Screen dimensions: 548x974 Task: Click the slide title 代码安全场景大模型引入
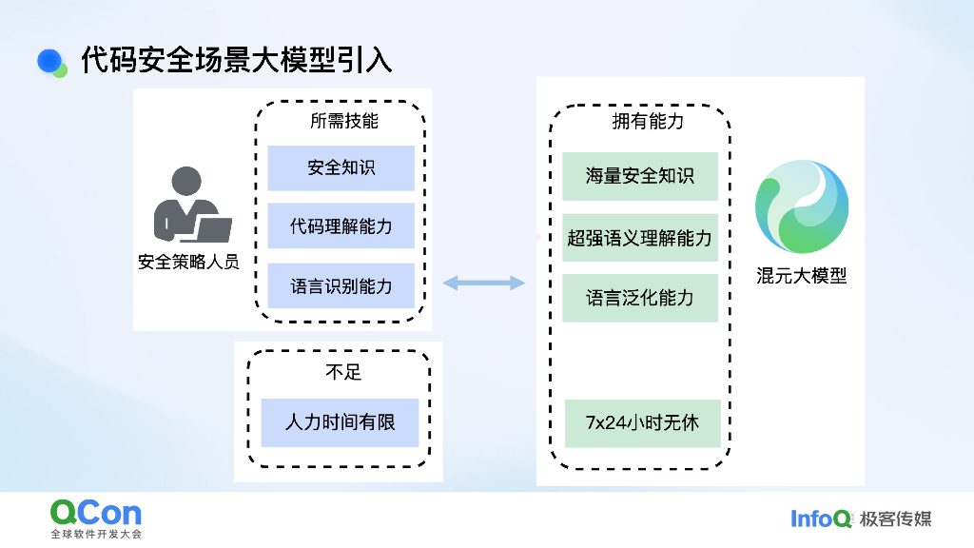[x=236, y=60]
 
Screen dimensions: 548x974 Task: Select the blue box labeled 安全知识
[x=341, y=168]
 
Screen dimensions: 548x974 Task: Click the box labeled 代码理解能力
[x=341, y=226]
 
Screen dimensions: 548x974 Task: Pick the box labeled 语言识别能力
[x=341, y=285]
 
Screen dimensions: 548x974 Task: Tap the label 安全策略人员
[x=188, y=262]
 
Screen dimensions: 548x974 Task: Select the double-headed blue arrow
[x=483, y=283]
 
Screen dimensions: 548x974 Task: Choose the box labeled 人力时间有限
[x=340, y=422]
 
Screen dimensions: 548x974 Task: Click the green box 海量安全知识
[x=639, y=176]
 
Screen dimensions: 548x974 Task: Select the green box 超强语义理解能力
[x=639, y=237]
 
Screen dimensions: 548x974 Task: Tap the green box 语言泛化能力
[x=639, y=298]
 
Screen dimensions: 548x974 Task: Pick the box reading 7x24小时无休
[x=639, y=422]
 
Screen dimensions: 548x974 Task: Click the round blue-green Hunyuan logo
[x=801, y=206]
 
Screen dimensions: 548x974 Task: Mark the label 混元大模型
[x=801, y=277]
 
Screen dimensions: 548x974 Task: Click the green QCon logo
[x=95, y=514]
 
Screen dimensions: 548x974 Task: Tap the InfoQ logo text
[x=821, y=519]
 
